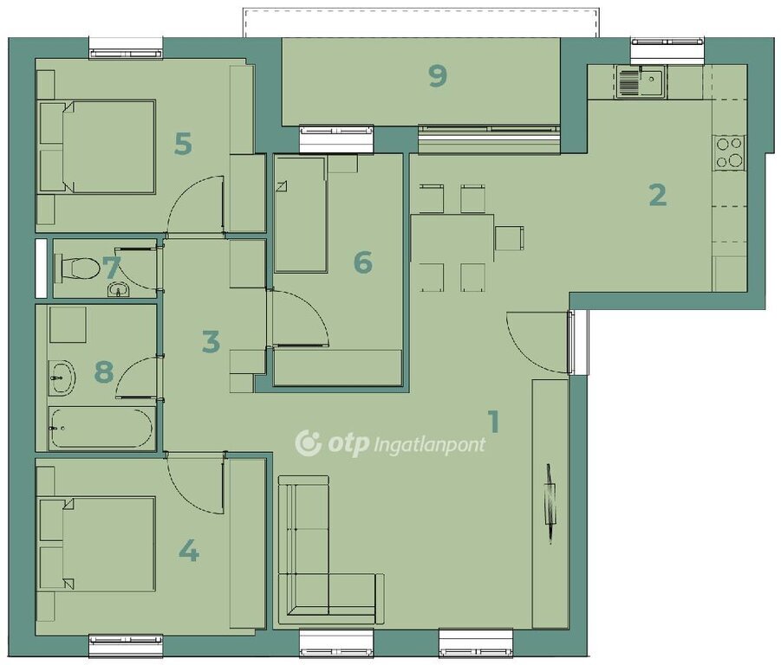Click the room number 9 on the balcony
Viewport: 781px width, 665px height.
pyautogui.click(x=438, y=76)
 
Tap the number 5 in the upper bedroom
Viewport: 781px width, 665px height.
pyautogui.click(x=183, y=144)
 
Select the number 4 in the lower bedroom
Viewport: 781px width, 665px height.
pyautogui.click(x=189, y=551)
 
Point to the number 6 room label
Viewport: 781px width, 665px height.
pyautogui.click(x=362, y=262)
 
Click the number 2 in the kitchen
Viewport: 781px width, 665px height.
pyautogui.click(x=657, y=195)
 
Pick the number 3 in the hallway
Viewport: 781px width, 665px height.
pyautogui.click(x=212, y=342)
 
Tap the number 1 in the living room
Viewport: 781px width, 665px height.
pyautogui.click(x=493, y=422)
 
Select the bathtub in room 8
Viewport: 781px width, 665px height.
pyautogui.click(x=101, y=428)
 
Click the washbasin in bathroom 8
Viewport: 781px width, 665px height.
pyautogui.click(x=62, y=378)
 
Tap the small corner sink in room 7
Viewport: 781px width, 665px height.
pyautogui.click(x=118, y=289)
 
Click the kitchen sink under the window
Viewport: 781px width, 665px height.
pyautogui.click(x=640, y=81)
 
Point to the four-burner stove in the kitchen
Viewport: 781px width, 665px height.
pyautogui.click(x=729, y=152)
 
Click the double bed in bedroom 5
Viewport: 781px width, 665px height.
pyautogui.click(x=98, y=146)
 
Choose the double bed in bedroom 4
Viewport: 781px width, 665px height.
pyautogui.click(x=98, y=544)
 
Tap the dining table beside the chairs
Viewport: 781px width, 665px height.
pyautogui.click(x=452, y=238)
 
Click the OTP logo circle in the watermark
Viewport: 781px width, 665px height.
pyautogui.click(x=309, y=443)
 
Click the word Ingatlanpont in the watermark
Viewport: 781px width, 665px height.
pyautogui.click(x=429, y=445)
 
